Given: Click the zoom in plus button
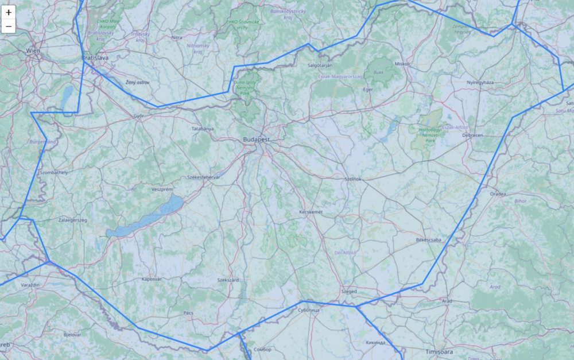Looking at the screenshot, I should coord(9,12).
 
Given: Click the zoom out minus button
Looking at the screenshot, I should coord(9,26).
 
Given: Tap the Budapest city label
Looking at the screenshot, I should coord(256,140).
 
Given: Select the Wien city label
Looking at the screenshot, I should coord(33,52).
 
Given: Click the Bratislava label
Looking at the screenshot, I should coord(95,58).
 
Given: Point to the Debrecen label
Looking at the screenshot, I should coord(473,135).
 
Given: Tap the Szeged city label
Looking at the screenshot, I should coord(349,291).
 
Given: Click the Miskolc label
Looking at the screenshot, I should coord(403,64).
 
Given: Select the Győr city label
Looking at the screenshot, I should coord(138,115).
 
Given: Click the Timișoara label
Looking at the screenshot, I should coord(440,351).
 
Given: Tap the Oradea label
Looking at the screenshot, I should coord(498,194).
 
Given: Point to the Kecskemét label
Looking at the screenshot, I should coord(311,212).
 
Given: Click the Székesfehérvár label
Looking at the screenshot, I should coord(204,177).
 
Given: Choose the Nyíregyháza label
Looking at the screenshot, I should coord(480,83).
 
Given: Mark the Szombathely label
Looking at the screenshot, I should coord(54,172).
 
